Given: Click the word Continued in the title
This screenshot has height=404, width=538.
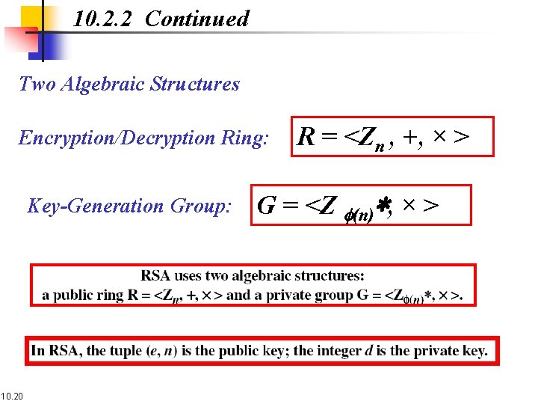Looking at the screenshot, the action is [197, 19].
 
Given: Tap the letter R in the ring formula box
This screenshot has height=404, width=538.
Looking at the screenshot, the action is [306, 136].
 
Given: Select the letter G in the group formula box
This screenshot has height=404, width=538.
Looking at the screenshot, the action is [267, 205].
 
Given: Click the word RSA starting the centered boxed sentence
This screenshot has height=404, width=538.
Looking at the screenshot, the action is [155, 276].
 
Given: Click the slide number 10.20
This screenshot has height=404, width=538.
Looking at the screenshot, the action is [12, 395].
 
